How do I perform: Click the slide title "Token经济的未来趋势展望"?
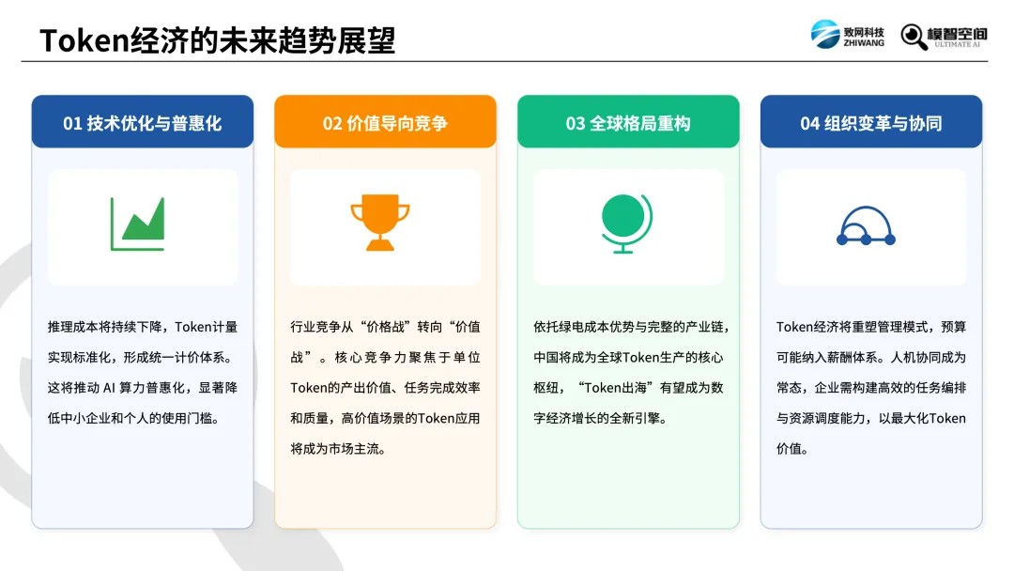pos(217,40)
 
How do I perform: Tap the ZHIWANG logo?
pos(847,34)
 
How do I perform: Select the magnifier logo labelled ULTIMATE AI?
pos(944,37)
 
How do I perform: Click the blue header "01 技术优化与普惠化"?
pos(143,123)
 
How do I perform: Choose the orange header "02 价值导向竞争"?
pos(386,123)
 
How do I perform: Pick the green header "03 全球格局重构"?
pos(628,123)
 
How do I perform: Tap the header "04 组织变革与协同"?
pos(871,123)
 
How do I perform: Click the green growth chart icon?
pos(138,224)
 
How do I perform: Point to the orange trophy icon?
pos(380,223)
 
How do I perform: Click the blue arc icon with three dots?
pos(866,226)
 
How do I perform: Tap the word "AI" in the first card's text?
pos(109,388)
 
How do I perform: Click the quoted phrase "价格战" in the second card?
pos(385,327)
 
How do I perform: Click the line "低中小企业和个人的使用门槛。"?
pos(134,418)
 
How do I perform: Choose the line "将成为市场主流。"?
pos(338,449)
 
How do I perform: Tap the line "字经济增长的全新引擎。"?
pos(600,418)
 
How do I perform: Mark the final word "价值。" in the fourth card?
pos(792,449)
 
